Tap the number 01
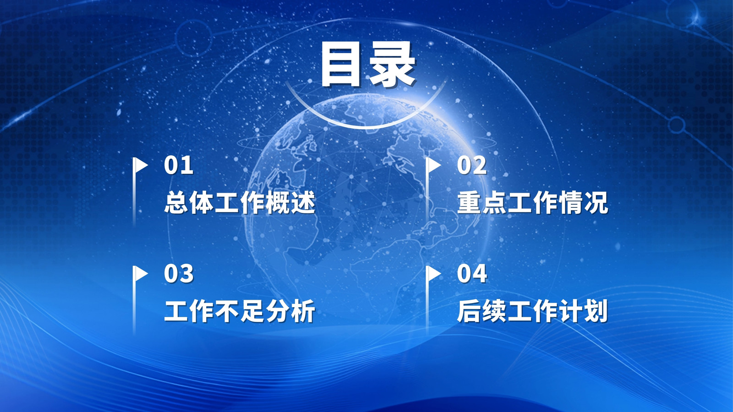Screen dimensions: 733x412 point(178,165)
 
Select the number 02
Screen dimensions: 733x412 point(472,165)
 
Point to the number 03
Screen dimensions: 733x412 point(179,274)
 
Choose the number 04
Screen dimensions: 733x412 point(472,274)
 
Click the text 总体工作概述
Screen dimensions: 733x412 point(240,203)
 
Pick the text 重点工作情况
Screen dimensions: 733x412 point(533,203)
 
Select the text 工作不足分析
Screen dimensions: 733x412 point(240,311)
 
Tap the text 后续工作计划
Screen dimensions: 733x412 point(533,311)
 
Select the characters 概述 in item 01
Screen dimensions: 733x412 point(290,203)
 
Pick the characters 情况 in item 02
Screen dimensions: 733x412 point(584,203)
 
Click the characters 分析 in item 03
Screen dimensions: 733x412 point(290,311)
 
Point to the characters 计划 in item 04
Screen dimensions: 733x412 point(584,311)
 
